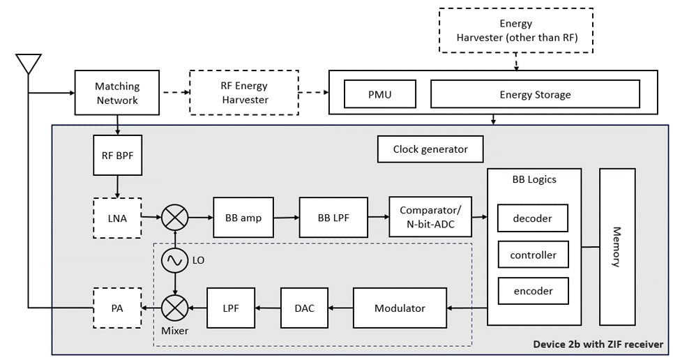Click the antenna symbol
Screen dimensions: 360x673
click(29, 63)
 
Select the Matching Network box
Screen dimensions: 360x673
click(117, 93)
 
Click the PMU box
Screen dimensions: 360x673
click(379, 94)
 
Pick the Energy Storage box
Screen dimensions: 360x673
click(535, 94)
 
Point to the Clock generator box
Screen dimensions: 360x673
click(430, 149)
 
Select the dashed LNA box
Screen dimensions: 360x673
click(117, 218)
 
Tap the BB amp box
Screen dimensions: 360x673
click(243, 218)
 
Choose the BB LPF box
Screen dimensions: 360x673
click(333, 218)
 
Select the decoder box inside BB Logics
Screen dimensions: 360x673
click(532, 218)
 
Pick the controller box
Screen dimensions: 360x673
click(533, 255)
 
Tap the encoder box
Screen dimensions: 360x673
click(533, 291)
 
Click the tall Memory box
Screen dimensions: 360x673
click(617, 246)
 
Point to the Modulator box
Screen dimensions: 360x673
click(400, 308)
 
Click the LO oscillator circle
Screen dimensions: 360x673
click(174, 261)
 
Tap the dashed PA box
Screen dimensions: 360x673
click(117, 308)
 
